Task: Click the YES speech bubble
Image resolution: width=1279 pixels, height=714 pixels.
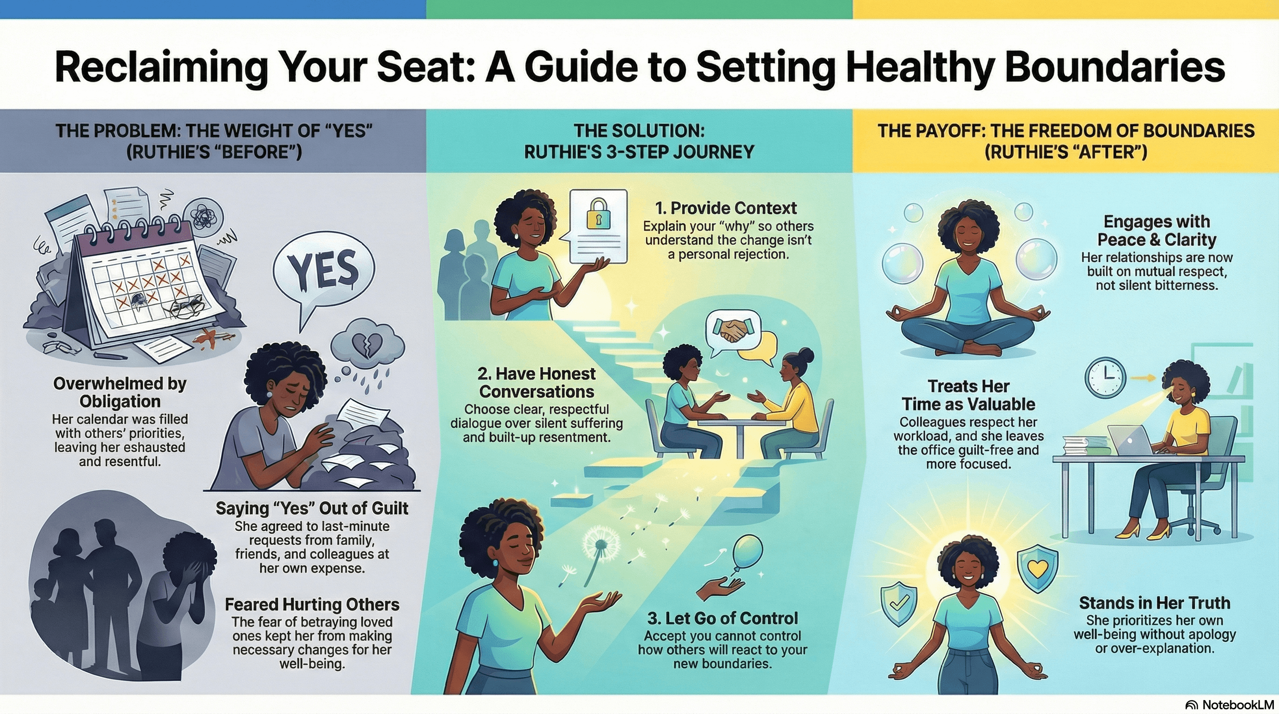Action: pyautogui.click(x=324, y=271)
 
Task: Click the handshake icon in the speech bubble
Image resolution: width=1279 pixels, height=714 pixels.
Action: pyautogui.click(x=732, y=330)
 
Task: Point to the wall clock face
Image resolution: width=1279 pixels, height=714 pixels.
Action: pyautogui.click(x=1104, y=378)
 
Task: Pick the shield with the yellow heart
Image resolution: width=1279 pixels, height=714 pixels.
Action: pyautogui.click(x=1037, y=569)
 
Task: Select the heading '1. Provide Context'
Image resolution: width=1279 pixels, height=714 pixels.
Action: pyautogui.click(x=725, y=208)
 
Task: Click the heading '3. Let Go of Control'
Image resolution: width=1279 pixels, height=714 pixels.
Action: pyautogui.click(x=722, y=618)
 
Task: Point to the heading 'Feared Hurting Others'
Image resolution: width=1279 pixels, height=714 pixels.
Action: pyautogui.click(x=312, y=604)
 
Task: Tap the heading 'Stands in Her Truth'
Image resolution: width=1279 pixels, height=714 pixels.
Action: pyautogui.click(x=1154, y=603)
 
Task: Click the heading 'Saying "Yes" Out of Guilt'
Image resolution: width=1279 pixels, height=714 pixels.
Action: pyautogui.click(x=312, y=509)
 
